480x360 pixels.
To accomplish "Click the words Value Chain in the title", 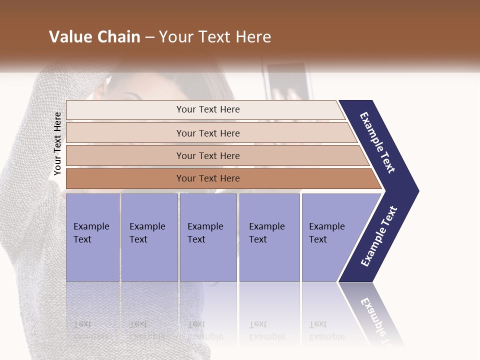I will coord(94,37).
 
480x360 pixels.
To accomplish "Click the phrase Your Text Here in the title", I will coord(215,37).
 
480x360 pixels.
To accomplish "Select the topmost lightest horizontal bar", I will coord(125,110).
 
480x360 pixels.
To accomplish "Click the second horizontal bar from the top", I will coord(125,133).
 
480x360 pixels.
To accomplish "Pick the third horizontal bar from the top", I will coord(125,155).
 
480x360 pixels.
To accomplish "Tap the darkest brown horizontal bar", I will coord(125,178).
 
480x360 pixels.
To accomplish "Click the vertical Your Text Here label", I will coord(57,144).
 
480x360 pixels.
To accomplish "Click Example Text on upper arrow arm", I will coord(377,142).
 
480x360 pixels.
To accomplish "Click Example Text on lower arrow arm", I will coord(379,236).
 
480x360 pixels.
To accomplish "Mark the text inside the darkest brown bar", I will coord(208,178).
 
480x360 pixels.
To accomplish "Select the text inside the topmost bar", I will coord(208,109).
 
